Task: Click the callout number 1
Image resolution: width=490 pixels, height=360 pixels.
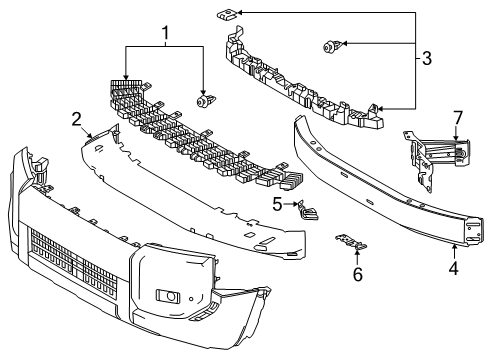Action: click(165, 33)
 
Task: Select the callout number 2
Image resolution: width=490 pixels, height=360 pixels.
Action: click(77, 119)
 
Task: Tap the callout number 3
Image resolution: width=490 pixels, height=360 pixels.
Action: click(427, 58)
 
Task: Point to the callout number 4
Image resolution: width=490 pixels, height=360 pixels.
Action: click(453, 268)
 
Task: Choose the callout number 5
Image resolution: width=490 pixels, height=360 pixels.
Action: click(277, 204)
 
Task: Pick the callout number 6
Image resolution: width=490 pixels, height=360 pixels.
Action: click(358, 275)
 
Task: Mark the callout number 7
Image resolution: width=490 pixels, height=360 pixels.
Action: click(458, 118)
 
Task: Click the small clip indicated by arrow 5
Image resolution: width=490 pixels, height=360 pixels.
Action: click(308, 210)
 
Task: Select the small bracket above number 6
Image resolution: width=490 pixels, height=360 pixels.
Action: click(351, 243)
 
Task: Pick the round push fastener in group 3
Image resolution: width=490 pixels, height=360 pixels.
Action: click(332, 46)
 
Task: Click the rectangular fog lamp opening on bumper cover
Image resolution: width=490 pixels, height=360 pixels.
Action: click(168, 296)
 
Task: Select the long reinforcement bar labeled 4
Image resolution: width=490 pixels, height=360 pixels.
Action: click(387, 183)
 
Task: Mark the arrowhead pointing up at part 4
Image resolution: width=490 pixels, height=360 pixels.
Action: click(454, 247)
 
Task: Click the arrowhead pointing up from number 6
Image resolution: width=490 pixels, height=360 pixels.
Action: click(357, 252)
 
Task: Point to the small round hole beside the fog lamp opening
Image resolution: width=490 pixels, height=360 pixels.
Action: click(191, 299)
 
